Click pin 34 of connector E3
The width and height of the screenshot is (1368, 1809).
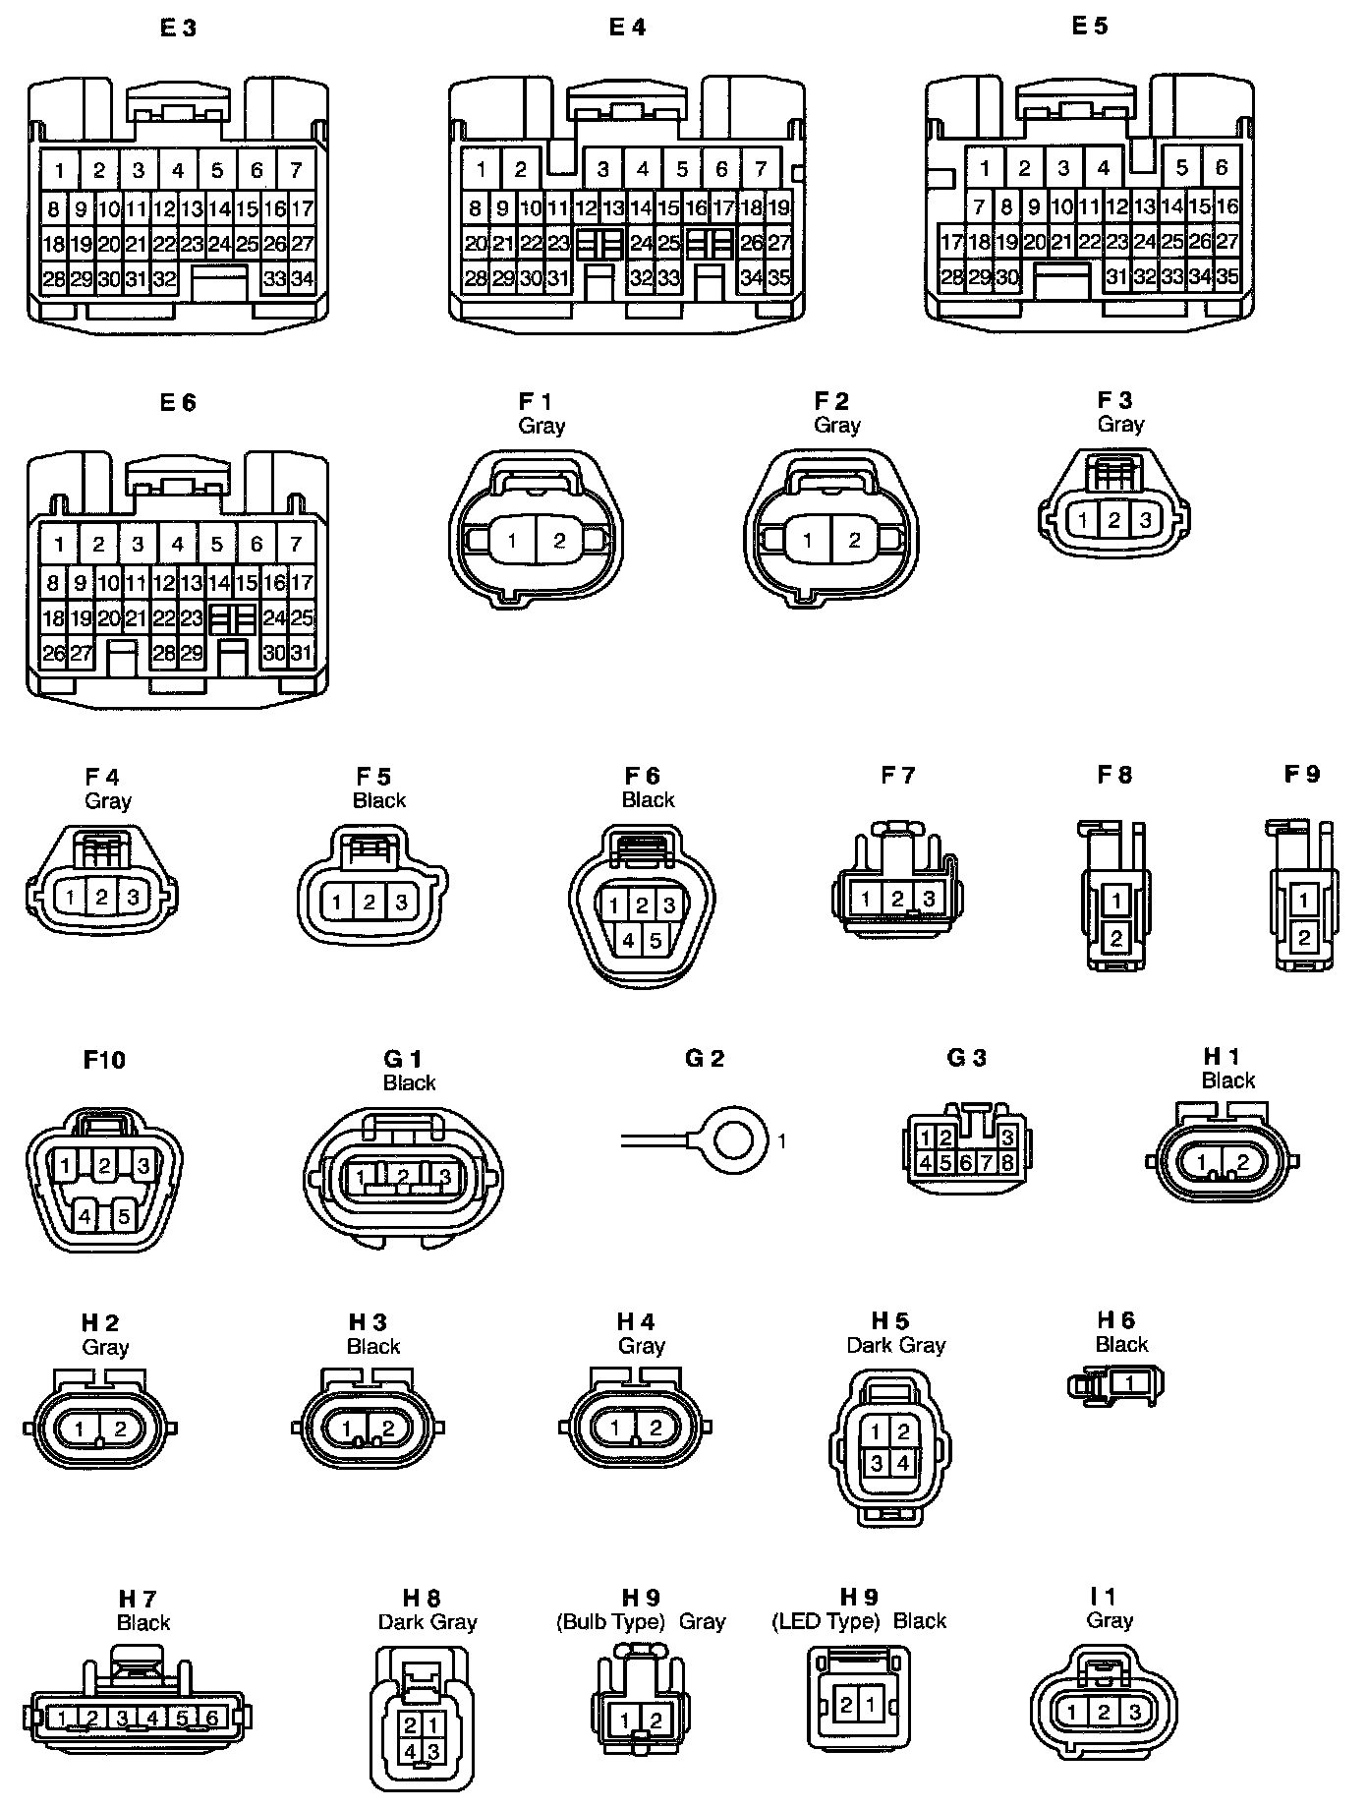[303, 279]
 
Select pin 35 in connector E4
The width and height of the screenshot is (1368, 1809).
[778, 278]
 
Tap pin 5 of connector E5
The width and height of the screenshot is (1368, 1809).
[1182, 168]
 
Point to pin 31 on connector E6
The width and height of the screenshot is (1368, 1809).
[302, 653]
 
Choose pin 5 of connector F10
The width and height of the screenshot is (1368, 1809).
[124, 1216]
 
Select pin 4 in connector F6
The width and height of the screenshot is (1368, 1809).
[629, 941]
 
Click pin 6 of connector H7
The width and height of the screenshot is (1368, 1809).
[212, 1718]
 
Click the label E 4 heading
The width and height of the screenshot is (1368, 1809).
[627, 28]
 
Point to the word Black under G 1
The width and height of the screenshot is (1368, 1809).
[409, 1082]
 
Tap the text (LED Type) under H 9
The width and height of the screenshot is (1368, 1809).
[826, 1621]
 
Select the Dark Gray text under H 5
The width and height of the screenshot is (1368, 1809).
[895, 1345]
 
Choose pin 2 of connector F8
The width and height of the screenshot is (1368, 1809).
[1115, 938]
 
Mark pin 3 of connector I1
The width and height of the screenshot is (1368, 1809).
[1135, 1712]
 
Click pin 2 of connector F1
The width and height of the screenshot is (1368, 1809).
[559, 540]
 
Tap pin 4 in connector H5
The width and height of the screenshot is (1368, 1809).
[903, 1462]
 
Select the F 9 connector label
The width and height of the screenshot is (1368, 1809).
[1302, 775]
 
